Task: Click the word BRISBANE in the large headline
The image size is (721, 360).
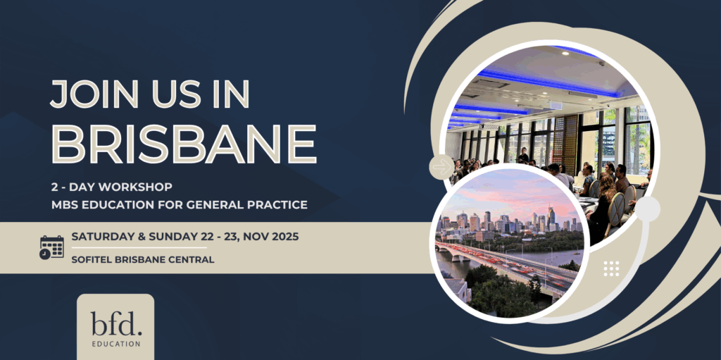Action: (x=184, y=143)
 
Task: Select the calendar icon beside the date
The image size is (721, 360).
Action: (x=51, y=247)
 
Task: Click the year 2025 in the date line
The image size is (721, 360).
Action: (x=284, y=237)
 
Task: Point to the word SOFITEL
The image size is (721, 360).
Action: (x=91, y=260)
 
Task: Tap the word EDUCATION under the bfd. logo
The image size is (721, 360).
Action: (x=116, y=344)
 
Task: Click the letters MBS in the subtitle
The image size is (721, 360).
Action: (x=63, y=205)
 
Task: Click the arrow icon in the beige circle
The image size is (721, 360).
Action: (x=442, y=167)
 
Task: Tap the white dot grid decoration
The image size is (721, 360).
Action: (x=611, y=268)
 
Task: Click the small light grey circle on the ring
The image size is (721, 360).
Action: (x=648, y=209)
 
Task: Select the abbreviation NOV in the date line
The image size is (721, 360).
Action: (x=255, y=237)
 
